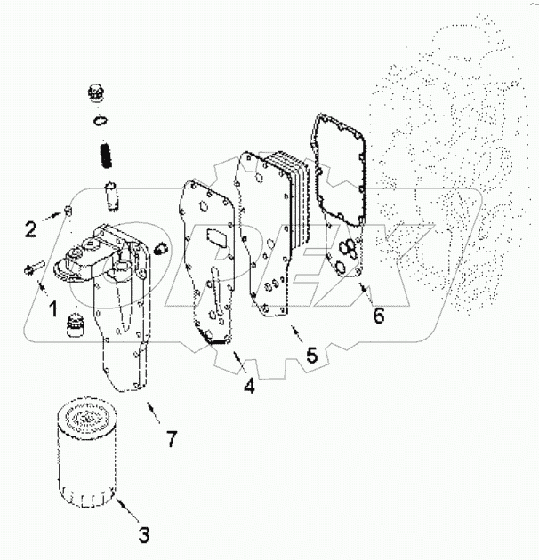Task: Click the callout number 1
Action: click(x=52, y=310)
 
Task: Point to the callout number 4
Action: click(x=250, y=387)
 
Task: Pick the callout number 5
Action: click(x=311, y=355)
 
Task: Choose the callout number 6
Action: click(x=379, y=315)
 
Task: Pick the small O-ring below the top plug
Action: click(x=100, y=121)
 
